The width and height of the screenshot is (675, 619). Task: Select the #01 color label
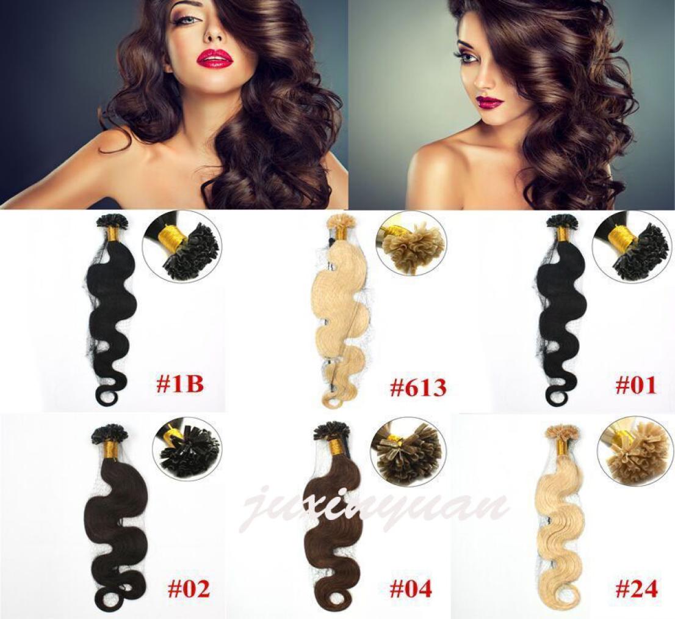637,385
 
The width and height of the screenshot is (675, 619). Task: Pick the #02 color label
188,589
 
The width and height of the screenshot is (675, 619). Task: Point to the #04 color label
410,589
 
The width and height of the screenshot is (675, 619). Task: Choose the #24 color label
637,589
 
